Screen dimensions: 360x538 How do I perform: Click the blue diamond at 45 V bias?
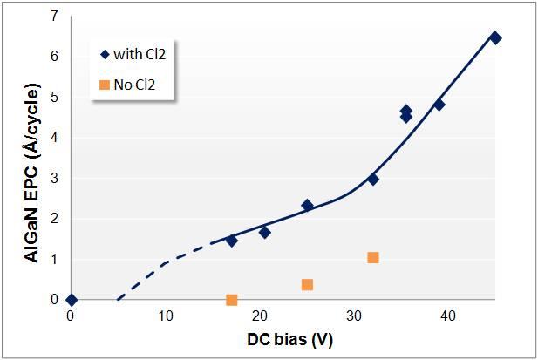pos(495,37)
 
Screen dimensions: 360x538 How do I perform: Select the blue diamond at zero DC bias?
pos(71,300)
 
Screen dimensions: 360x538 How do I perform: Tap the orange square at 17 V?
pos(231,300)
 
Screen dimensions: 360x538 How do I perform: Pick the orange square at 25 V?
pos(307,285)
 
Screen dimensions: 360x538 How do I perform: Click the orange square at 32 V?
pos(373,257)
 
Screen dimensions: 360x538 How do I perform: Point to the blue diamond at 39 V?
pos(439,105)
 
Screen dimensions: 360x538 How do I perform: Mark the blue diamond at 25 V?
pos(307,206)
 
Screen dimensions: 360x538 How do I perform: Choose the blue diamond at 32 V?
pos(373,180)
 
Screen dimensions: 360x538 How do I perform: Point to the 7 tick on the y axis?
pos(54,16)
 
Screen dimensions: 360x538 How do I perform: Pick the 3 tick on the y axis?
pos(54,178)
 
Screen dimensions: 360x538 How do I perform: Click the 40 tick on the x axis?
pos(448,316)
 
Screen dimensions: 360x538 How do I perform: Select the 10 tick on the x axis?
pos(165,316)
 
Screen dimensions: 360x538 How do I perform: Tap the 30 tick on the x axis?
pos(354,316)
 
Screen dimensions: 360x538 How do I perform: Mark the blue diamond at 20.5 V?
pos(264,233)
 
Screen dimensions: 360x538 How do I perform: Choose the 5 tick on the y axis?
pos(54,97)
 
